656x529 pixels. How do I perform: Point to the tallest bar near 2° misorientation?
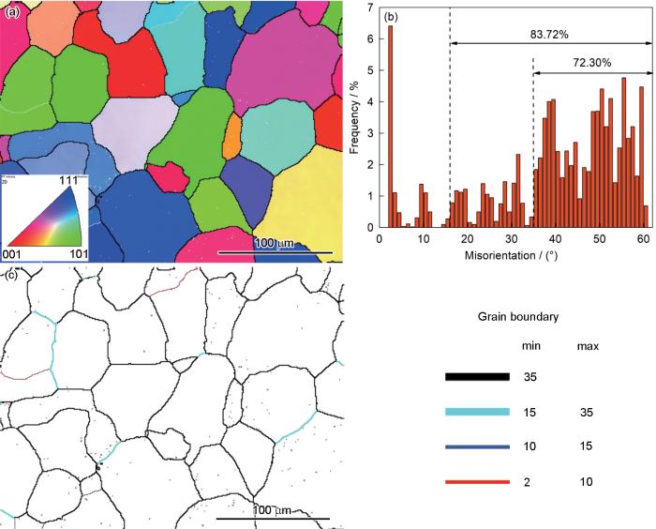(x=390, y=127)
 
